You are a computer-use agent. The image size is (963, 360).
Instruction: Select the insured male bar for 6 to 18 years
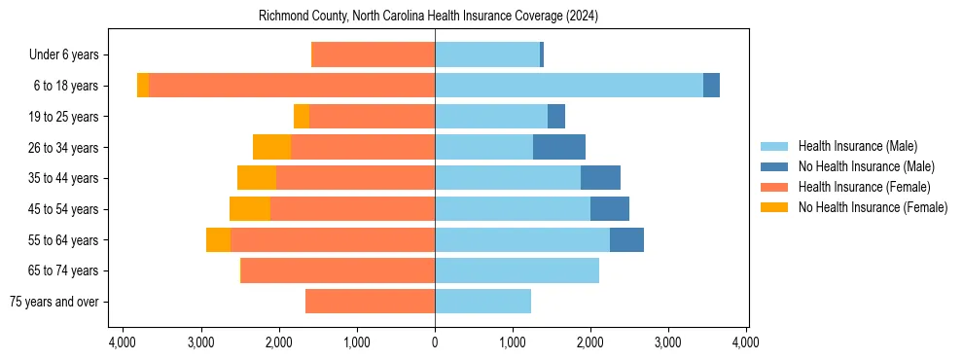(x=568, y=86)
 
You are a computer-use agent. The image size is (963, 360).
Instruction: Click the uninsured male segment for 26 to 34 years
(x=559, y=147)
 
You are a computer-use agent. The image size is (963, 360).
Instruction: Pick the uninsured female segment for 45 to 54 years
(x=250, y=209)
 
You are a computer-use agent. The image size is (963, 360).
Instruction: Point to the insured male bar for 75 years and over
(x=482, y=302)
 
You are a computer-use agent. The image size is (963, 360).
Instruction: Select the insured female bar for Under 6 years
(x=373, y=54)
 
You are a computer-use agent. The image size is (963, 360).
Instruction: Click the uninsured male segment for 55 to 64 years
(x=626, y=240)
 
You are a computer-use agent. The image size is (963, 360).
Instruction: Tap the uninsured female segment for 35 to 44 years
(x=257, y=178)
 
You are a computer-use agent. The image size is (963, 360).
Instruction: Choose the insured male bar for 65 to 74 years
(x=517, y=270)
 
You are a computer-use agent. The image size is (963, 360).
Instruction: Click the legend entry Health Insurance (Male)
(x=857, y=146)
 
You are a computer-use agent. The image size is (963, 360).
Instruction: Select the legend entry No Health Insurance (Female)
(x=873, y=207)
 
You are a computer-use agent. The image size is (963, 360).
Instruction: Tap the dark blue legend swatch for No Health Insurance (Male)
(x=774, y=166)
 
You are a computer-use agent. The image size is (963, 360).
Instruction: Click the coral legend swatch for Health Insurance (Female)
(x=774, y=187)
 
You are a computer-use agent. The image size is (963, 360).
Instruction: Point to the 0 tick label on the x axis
(x=435, y=342)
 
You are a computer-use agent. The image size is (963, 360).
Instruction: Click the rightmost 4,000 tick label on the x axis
(x=746, y=342)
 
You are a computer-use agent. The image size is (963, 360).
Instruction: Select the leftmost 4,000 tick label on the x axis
(x=123, y=342)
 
